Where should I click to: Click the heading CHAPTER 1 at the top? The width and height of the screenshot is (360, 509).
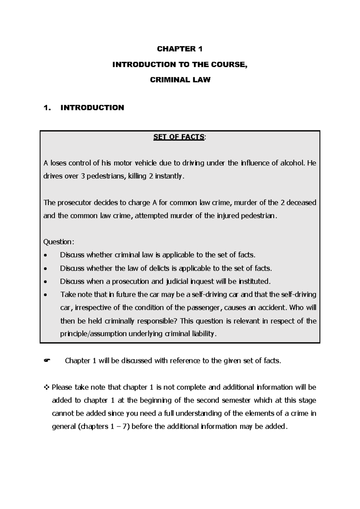pyautogui.click(x=180, y=49)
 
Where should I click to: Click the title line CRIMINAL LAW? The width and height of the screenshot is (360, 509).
pyautogui.click(x=180, y=80)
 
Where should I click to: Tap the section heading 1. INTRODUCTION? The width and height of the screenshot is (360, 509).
pyautogui.click(x=84, y=108)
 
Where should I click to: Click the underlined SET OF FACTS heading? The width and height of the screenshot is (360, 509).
pyautogui.click(x=179, y=137)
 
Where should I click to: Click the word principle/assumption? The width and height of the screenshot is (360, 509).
pyautogui.click(x=93, y=334)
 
